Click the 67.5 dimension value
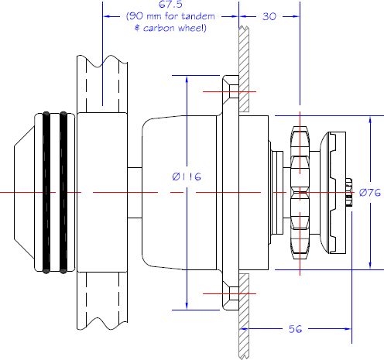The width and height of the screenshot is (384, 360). point(170,5)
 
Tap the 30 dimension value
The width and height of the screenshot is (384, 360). point(269,16)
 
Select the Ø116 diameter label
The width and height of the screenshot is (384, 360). point(187,177)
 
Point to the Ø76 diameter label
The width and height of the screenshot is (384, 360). point(370,193)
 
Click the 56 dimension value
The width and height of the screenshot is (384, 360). point(295,329)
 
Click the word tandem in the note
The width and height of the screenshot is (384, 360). point(198,16)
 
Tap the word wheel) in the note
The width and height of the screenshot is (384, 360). point(192,28)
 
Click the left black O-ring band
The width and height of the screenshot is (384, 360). point(46,193)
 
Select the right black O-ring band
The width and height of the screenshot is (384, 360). point(63,193)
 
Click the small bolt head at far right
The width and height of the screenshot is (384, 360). point(348,192)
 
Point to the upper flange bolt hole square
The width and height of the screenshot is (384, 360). point(234,91)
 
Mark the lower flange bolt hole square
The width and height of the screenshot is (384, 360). point(234,293)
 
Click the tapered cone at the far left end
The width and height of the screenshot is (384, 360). point(24,193)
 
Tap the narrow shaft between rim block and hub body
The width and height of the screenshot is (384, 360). point(135,193)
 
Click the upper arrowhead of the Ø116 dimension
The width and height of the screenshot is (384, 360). point(187,79)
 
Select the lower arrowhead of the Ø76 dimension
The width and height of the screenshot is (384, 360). point(370,266)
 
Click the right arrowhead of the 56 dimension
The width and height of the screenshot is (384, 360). point(348,329)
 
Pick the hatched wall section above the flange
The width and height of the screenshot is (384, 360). point(244,69)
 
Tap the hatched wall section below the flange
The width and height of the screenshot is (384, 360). point(244,316)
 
